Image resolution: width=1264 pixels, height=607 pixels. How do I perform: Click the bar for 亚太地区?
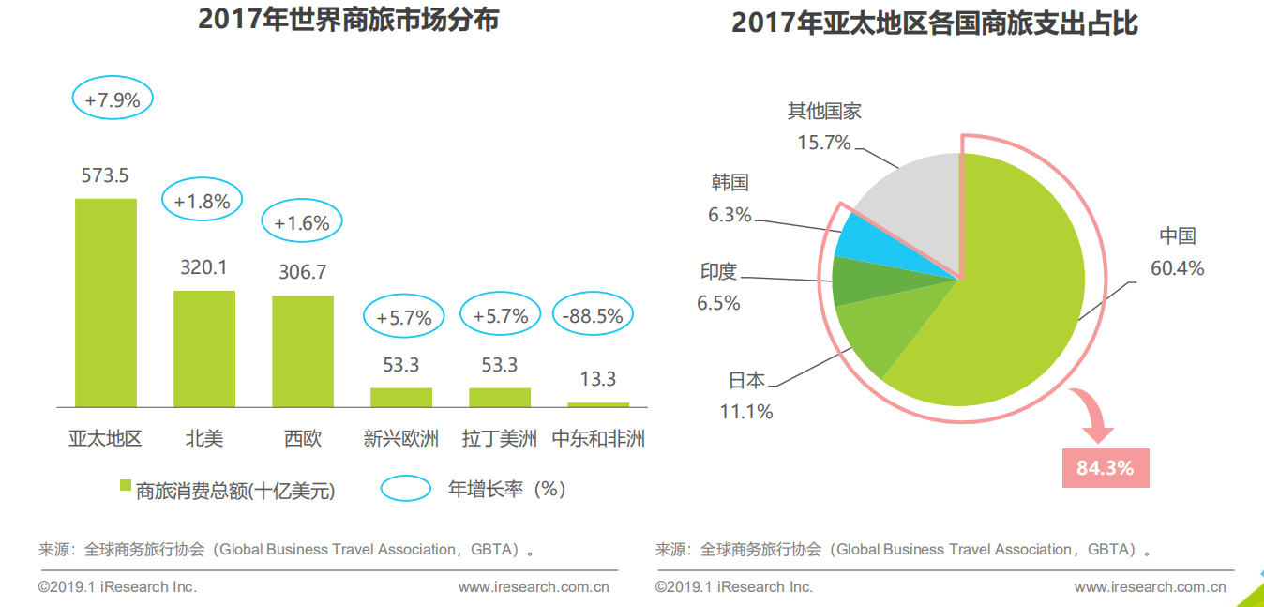coord(106,302)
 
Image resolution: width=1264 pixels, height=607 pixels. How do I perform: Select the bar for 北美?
coord(204,348)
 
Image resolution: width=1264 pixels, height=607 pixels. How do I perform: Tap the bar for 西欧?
coord(303,351)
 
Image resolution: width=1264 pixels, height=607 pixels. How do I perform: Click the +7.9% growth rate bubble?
coord(113,100)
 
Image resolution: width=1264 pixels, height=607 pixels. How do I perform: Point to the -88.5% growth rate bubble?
coord(593,316)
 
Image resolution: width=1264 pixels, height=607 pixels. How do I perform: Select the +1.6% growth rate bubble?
coord(302,223)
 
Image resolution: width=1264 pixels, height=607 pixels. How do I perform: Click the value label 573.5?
coord(105,175)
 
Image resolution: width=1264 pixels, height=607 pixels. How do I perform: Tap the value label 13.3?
coord(598,379)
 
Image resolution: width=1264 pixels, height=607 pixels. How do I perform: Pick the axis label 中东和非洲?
coord(598,438)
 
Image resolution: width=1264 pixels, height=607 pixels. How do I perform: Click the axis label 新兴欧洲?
coord(401,438)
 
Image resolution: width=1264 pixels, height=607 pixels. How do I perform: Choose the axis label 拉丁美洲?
coord(500,438)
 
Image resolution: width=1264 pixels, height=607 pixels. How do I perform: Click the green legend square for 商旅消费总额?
coord(125,486)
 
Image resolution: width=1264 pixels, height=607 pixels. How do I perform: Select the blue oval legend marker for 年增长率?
coord(406,489)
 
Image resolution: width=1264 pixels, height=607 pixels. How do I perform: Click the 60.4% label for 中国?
coord(1177,269)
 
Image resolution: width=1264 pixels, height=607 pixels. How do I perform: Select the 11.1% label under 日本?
coord(746,412)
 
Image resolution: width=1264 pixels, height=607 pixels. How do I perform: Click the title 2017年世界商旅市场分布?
coord(348,20)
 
